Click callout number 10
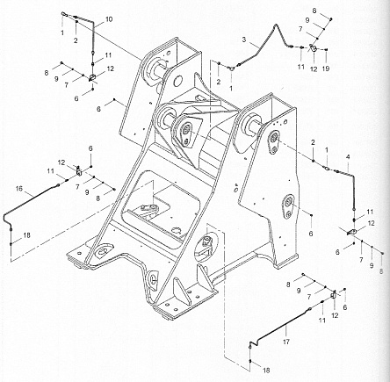pos(109,19)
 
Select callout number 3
pos(244,40)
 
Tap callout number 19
pos(326,68)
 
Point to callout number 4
pos(348,157)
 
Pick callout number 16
pos(19,189)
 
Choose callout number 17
pos(286,342)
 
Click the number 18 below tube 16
pos(26,235)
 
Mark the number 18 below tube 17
pos(266,371)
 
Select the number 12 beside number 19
pos(314,69)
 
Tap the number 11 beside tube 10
pos(108,55)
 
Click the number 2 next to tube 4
pos(313,142)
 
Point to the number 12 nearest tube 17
pos(335,315)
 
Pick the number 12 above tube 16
pos(61,162)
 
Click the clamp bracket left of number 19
pos(313,47)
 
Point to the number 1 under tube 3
pos(231,88)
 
